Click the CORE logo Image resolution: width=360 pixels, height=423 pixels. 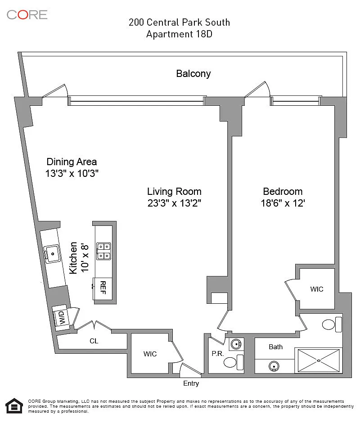(x=27, y=14)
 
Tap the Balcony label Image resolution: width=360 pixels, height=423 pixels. (x=193, y=74)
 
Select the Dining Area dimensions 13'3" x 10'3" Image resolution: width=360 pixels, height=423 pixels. (x=72, y=173)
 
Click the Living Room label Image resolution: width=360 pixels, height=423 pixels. (x=174, y=191)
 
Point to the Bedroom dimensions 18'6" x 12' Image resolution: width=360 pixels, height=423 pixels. (x=283, y=203)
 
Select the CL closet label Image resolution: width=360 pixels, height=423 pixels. (x=94, y=341)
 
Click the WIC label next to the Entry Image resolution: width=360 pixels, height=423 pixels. (x=150, y=354)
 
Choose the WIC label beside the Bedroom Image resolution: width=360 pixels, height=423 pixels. (x=317, y=289)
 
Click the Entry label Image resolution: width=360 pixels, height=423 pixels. (x=191, y=383)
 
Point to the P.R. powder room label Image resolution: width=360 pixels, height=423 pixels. (x=217, y=354)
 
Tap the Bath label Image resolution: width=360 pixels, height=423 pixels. (x=276, y=346)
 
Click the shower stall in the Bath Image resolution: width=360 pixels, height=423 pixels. (x=318, y=360)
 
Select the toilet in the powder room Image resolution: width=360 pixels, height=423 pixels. (x=230, y=362)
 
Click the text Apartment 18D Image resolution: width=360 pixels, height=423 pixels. (x=179, y=34)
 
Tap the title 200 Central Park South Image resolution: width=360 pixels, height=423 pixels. (x=179, y=22)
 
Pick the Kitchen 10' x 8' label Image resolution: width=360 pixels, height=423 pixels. (x=78, y=257)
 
